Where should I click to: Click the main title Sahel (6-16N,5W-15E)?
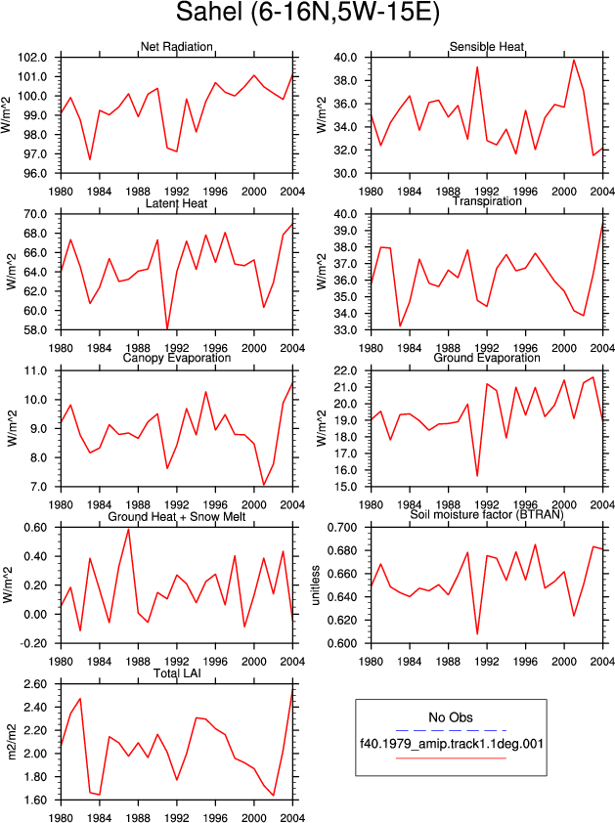[x=307, y=12]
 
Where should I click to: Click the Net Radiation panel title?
[x=176, y=47]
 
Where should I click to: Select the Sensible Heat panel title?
[x=487, y=47]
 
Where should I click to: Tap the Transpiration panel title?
[x=487, y=201]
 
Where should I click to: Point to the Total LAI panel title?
[x=177, y=673]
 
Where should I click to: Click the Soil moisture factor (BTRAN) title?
[x=487, y=515]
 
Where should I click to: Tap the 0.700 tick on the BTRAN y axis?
[x=342, y=528]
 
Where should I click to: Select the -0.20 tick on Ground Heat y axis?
[x=33, y=643]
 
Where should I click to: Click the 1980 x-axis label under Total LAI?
[x=61, y=818]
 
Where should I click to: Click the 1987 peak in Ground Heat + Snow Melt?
[x=129, y=529]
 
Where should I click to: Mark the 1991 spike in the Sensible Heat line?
[x=477, y=66]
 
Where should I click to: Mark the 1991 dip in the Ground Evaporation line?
[x=477, y=476]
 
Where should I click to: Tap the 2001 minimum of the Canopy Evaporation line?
[x=264, y=485]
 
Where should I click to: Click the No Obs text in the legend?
[x=451, y=717]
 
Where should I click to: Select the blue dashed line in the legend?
[x=451, y=730]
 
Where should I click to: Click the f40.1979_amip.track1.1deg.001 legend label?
[x=451, y=744]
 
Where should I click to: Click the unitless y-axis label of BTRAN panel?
[x=316, y=585]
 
